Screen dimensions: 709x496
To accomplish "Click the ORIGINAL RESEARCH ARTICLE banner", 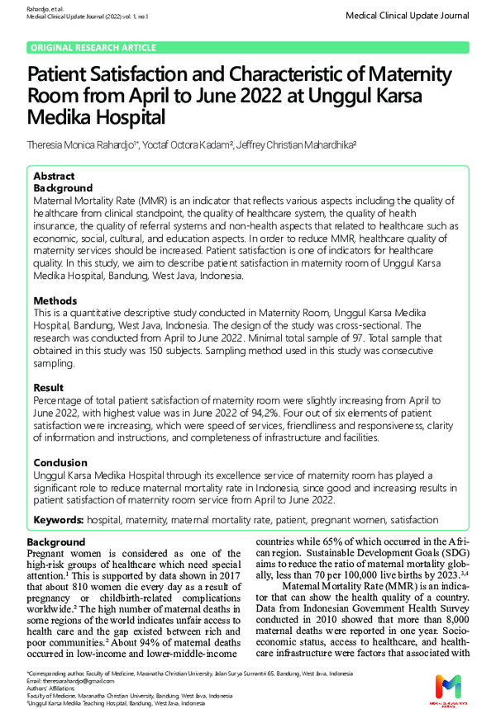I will tap(93, 48).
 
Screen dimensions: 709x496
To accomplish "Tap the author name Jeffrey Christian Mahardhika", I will tap(295, 144).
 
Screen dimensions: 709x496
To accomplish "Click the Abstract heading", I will tap(54, 177).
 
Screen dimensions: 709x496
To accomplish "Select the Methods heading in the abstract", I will tap(55, 301).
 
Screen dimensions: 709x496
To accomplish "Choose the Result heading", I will tap(49, 388).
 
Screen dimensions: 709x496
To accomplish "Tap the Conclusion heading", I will tap(60, 463).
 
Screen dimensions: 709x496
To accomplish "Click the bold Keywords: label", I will tap(59, 520).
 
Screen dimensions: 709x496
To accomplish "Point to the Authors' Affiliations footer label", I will tap(55, 688).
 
